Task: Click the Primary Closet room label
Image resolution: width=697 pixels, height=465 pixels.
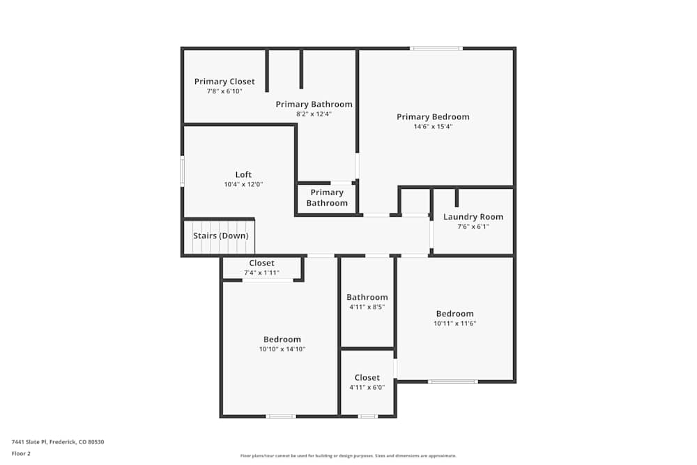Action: point(224,82)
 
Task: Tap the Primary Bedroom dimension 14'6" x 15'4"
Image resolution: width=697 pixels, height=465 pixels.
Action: point(433,127)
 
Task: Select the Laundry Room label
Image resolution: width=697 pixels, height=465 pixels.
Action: point(473,217)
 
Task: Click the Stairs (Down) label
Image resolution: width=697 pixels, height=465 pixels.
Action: point(220,236)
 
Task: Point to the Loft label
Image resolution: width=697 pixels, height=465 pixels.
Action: point(243,175)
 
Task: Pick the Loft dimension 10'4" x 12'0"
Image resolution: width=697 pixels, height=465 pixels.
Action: point(243,185)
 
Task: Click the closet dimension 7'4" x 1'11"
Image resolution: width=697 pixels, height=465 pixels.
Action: point(261,273)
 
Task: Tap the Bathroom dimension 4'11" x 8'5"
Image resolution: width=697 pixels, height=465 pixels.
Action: point(367,307)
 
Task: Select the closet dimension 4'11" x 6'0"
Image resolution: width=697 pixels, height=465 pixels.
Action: point(367,388)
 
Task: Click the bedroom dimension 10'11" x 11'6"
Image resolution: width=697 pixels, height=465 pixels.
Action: point(454,323)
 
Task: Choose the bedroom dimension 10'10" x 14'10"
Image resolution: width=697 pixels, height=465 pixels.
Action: point(282,349)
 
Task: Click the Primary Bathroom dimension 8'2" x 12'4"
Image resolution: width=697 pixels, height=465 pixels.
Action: point(314,114)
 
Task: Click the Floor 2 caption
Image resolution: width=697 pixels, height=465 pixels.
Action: point(21,453)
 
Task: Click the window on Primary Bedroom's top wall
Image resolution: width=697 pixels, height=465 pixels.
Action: point(436,48)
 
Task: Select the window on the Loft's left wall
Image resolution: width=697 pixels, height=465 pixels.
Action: point(183,171)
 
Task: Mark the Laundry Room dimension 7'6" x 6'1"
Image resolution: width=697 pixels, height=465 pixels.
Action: point(473,227)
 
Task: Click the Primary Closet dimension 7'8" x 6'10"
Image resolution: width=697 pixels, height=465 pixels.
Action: point(224,91)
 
